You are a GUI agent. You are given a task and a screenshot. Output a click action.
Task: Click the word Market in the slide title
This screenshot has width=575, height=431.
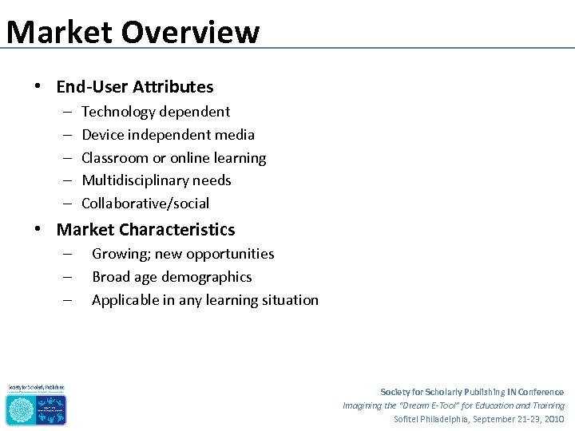coord(57,32)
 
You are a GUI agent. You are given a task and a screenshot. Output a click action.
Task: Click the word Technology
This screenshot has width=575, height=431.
coord(120,112)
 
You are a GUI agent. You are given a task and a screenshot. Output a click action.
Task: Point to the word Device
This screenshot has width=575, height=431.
coord(102,135)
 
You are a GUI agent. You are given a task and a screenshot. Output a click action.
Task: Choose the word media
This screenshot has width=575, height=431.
coord(235,135)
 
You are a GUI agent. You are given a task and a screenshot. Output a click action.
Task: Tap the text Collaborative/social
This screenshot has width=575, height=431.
coord(145,204)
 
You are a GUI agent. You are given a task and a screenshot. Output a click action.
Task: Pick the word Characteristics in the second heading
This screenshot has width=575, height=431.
coord(177,231)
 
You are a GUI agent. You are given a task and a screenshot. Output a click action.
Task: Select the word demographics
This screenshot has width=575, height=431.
coord(206,277)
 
